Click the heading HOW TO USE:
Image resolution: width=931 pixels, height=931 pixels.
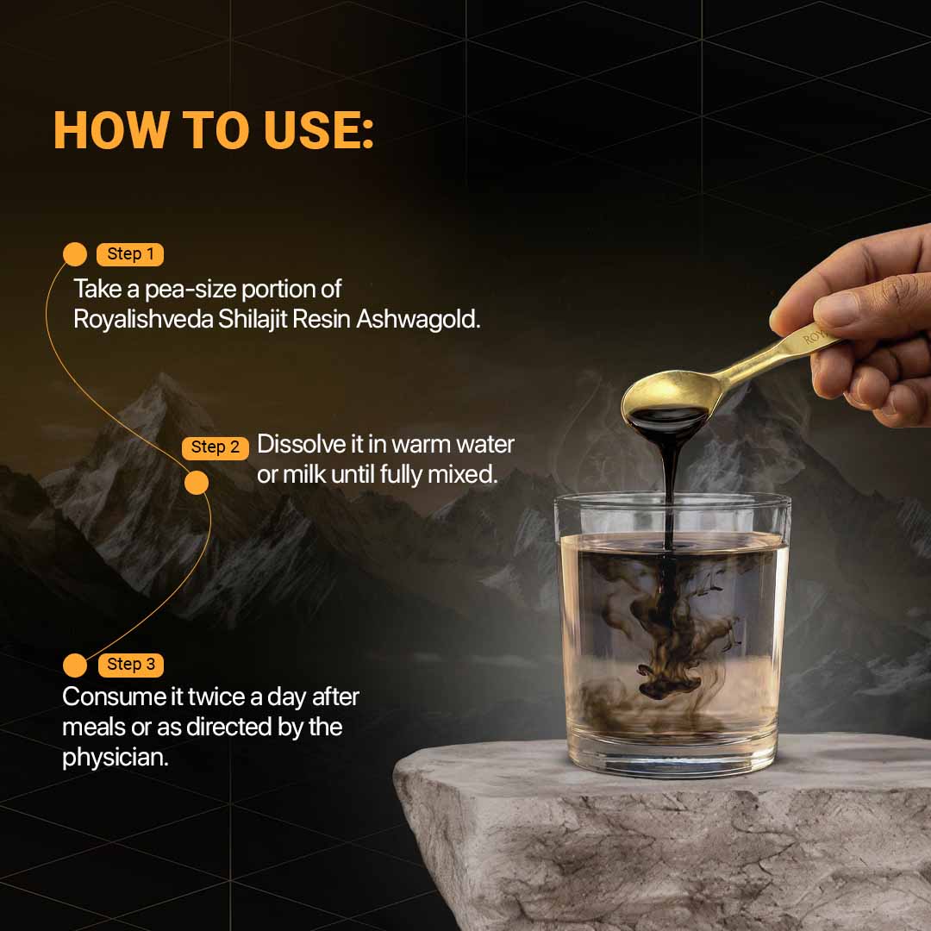[x=214, y=131]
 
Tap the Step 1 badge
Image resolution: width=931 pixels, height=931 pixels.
[x=130, y=254]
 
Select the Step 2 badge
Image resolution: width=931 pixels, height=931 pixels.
[x=215, y=447]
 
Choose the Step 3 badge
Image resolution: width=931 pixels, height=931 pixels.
[x=130, y=665]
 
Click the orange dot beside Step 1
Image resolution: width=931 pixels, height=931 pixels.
[x=76, y=254]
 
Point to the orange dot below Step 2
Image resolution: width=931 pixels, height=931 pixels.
[x=197, y=482]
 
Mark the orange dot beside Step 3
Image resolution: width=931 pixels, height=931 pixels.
[x=76, y=665]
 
